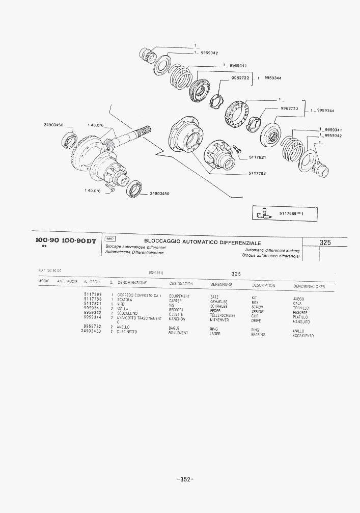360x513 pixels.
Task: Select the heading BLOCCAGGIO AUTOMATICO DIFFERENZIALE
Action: tap(202, 242)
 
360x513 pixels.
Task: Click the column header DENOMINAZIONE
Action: tap(132, 282)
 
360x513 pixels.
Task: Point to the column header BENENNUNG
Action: tap(221, 284)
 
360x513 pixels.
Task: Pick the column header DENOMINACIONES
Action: tap(309, 287)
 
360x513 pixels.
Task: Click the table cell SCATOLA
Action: tap(125, 300)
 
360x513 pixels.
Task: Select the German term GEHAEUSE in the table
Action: tap(219, 302)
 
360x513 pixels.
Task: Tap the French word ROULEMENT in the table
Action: tap(178, 333)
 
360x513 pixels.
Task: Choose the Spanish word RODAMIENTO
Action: tap(303, 336)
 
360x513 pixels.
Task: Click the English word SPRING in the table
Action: tap(258, 312)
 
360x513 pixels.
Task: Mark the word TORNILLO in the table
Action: tap(300, 308)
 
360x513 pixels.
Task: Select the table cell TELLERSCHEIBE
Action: tap(223, 315)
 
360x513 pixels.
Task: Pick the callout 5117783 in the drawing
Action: tap(257, 173)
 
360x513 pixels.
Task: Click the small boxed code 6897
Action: tap(109, 238)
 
